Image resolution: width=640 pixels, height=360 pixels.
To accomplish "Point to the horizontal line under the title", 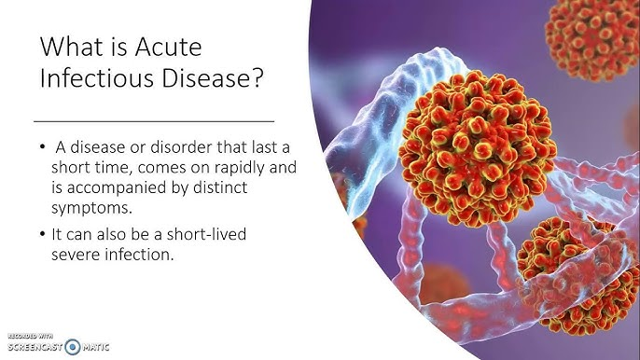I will point(154,121).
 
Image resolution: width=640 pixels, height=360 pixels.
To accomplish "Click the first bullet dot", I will point(44,146).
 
